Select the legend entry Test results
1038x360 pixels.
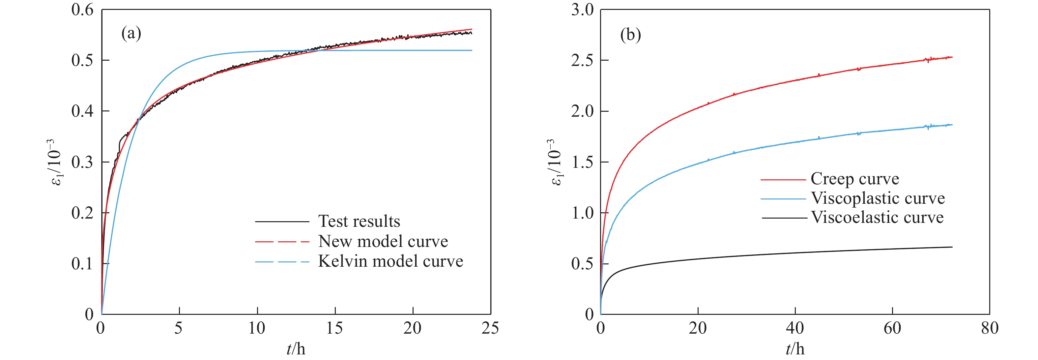pyautogui.click(x=359, y=221)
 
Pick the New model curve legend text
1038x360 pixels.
pyautogui.click(x=383, y=241)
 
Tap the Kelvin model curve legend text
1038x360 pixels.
pyautogui.click(x=390, y=261)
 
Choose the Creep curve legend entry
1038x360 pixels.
pyautogui.click(x=855, y=179)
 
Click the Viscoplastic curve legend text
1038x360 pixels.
pyautogui.click(x=878, y=198)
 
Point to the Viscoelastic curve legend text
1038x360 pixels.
pyautogui.click(x=877, y=217)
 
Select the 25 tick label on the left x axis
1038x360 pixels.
pyautogui.click(x=490, y=328)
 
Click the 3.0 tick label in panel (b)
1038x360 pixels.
pyautogui.click(x=582, y=10)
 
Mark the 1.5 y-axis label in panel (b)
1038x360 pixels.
pyautogui.click(x=582, y=162)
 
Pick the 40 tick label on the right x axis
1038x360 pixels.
pyautogui.click(x=794, y=328)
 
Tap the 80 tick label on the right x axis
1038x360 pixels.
pyautogui.click(x=989, y=328)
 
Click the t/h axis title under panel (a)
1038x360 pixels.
pyautogui.click(x=296, y=349)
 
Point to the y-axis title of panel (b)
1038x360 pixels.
pyautogui.click(x=555, y=162)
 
